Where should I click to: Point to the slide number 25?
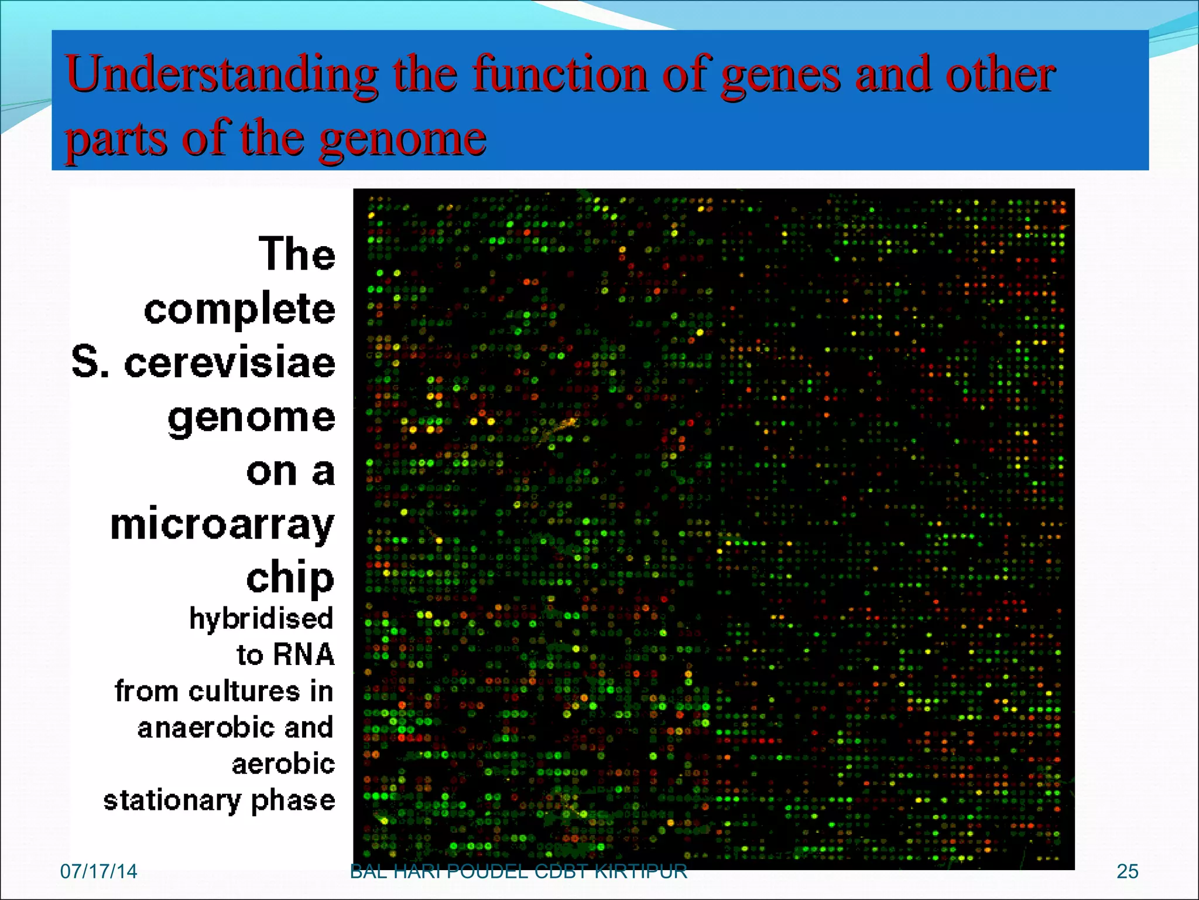coord(1127,871)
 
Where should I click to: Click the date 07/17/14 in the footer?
coord(98,871)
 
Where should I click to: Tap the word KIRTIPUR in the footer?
coord(640,872)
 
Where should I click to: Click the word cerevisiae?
coord(229,362)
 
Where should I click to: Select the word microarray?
coord(222,525)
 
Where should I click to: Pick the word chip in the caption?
coord(290,578)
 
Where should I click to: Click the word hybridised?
coord(261,619)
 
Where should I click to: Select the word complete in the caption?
coord(239,309)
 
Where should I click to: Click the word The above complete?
coord(297,254)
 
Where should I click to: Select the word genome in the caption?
coord(252,418)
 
